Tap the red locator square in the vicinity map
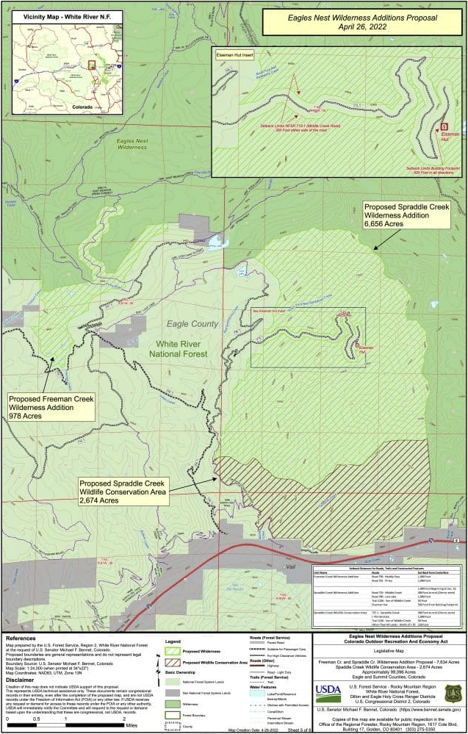[92, 65]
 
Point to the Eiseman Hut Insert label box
[232, 54]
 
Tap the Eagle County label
[192, 323]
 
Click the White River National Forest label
[182, 349]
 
